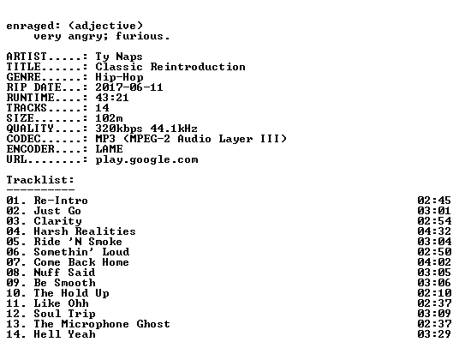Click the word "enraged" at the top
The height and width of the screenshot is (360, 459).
pyautogui.click(x=30, y=26)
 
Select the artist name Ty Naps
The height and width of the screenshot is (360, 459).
pyautogui.click(x=119, y=57)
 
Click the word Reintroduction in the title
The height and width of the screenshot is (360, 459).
pyautogui.click(x=198, y=67)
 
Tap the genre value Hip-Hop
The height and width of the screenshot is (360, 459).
pyautogui.click(x=119, y=77)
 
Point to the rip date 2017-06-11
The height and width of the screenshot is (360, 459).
pyautogui.click(x=129, y=87)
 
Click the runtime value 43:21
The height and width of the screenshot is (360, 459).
pyautogui.click(x=112, y=98)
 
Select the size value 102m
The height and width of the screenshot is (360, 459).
pyautogui.click(x=110, y=118)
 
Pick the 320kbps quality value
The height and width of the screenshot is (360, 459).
pyautogui.click(x=119, y=129)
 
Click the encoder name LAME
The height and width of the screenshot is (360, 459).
pyautogui.click(x=110, y=149)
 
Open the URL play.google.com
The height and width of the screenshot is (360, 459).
pyautogui.click(x=146, y=159)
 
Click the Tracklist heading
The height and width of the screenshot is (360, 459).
pyautogui.click(x=40, y=180)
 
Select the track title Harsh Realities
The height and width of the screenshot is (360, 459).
pyautogui.click(x=85, y=231)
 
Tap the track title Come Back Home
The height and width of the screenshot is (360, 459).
pyautogui.click(x=81, y=262)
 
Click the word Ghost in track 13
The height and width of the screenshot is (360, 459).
pyautogui.click(x=153, y=324)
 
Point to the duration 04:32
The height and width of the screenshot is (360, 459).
pyautogui.click(x=434, y=231)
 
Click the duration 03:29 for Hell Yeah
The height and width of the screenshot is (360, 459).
pyautogui.click(x=434, y=334)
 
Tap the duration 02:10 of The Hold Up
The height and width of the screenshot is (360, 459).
pyautogui.click(x=434, y=293)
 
